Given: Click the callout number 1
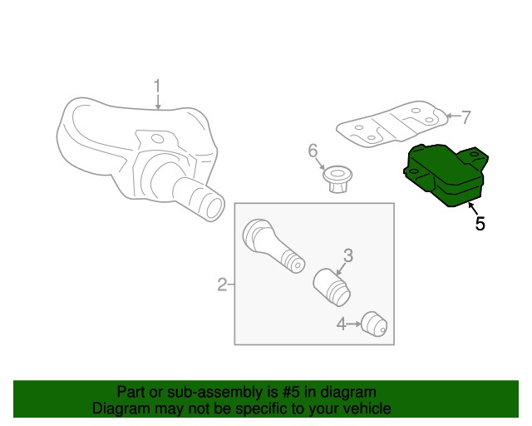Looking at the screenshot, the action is coord(157,87).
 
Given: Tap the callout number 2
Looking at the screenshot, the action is coord(222,285).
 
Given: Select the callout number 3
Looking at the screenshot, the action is coord(348,255).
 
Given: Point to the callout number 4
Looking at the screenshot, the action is coord(342,324).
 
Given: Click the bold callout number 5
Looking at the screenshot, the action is coord(480,224).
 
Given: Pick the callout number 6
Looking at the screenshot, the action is coord(313,151).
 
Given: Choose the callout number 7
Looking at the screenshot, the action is coord(466,117).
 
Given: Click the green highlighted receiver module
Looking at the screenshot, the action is coord(446,175).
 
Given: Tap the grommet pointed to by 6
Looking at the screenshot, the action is coord(337,179).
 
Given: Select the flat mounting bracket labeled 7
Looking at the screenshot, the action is coord(392,124).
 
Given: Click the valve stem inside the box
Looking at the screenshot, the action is coord(273,245).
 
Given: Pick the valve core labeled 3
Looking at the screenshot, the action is coord(332,287).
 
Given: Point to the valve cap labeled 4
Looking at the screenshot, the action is coord(374,324).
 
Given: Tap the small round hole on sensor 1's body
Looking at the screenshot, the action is coord(157,138).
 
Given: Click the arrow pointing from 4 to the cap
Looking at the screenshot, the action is coord(353,324).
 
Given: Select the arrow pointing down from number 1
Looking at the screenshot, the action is coord(157,102).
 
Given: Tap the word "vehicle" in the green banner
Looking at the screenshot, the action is coord(368,408).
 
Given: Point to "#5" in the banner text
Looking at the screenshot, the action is coord(291,392).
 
